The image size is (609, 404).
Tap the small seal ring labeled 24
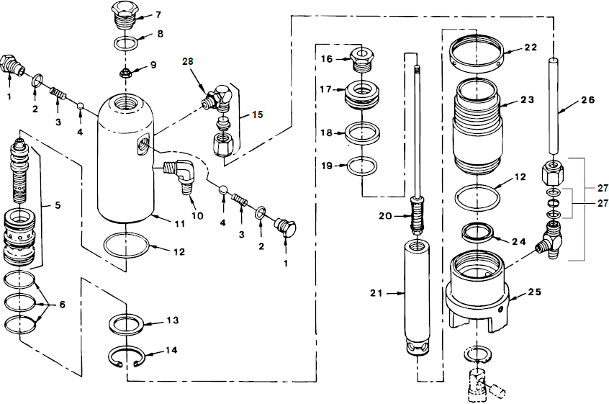pyautogui.click(x=477, y=233)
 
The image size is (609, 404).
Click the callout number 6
pyautogui.click(x=61, y=305)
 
